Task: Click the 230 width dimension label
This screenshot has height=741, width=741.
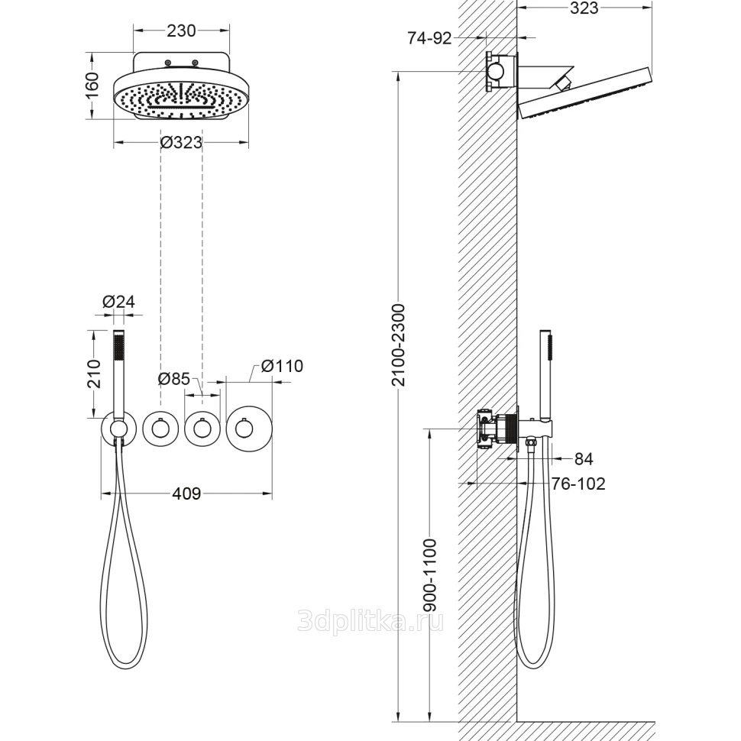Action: pyautogui.click(x=181, y=31)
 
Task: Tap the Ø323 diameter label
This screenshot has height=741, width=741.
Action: pyautogui.click(x=181, y=142)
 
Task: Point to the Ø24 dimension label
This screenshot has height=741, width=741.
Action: pyautogui.click(x=118, y=302)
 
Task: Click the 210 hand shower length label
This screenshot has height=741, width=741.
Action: pyautogui.click(x=94, y=374)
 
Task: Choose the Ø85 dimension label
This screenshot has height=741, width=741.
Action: pyautogui.click(x=174, y=379)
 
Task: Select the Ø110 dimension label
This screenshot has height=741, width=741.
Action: pyautogui.click(x=282, y=366)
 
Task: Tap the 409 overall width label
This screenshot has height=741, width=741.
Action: pyautogui.click(x=186, y=493)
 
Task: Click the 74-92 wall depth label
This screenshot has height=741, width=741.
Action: pyautogui.click(x=429, y=38)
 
